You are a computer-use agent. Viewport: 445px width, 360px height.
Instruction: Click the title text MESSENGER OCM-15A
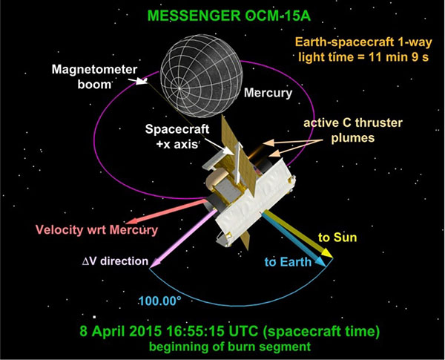pos(229,16)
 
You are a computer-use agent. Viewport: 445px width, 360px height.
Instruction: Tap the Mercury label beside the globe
pos(268,93)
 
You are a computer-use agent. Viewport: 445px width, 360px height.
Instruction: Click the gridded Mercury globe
pos(202,76)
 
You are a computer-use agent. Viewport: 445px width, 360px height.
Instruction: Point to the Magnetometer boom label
pos(94,77)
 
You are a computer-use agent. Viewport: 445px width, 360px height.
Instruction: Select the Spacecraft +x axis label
pos(177,137)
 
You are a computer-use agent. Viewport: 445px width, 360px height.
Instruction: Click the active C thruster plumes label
pos(353,131)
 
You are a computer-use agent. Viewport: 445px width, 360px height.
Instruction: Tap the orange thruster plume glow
pos(254,151)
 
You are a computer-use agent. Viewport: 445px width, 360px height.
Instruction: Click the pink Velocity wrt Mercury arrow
pos(167,212)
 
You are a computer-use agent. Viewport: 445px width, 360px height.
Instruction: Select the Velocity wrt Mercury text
pos(96,229)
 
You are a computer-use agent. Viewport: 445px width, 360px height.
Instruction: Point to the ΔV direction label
pos(115,261)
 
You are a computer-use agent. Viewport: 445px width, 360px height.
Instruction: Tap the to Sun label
pos(337,238)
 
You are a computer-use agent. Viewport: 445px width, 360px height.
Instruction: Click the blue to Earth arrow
pos(293,239)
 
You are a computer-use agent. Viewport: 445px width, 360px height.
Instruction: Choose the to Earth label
pos(288,262)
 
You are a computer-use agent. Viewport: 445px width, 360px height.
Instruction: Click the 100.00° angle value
pos(159,301)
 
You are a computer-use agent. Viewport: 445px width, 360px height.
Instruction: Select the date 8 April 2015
pos(121,331)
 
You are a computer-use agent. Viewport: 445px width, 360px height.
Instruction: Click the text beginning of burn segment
pos(230,347)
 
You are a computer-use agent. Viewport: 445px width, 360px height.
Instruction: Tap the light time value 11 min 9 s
pos(399,57)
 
